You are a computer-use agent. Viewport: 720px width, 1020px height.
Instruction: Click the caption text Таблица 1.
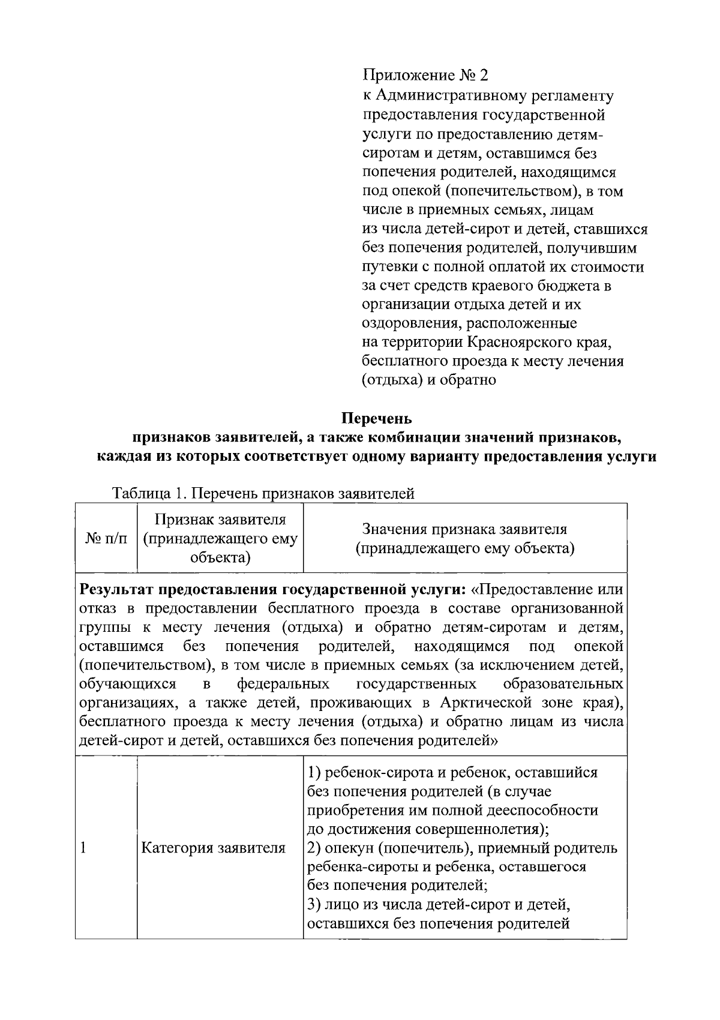coord(151,494)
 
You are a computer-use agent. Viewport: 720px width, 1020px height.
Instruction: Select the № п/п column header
coord(106,539)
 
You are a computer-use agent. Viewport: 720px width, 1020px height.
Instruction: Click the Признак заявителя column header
coord(220,538)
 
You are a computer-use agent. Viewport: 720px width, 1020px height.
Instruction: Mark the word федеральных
coord(283,684)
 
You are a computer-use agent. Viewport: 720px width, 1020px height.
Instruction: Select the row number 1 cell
coord(83,848)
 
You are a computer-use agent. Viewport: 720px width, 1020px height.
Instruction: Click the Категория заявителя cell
coord(213,848)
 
